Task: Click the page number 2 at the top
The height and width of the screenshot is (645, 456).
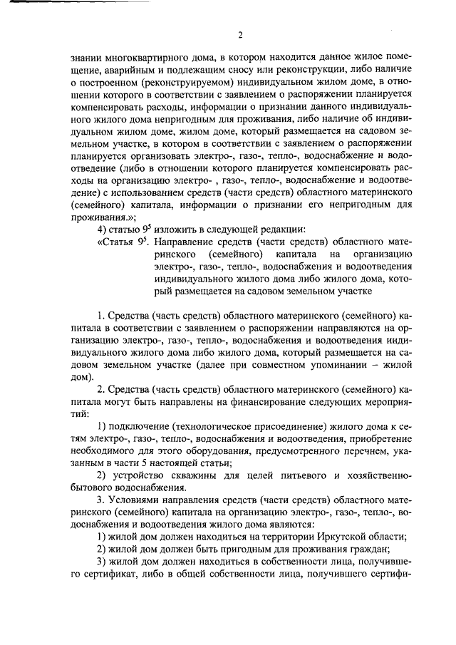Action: click(x=240, y=35)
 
